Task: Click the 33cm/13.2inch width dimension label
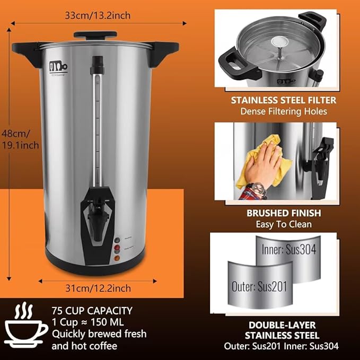[x=98, y=15]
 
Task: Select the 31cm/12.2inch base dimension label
[x=98, y=288]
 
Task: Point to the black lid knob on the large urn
[x=95, y=35]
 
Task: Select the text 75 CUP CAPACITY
[x=92, y=311]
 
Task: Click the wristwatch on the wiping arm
[x=257, y=188]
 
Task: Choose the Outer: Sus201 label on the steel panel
[x=260, y=287]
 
